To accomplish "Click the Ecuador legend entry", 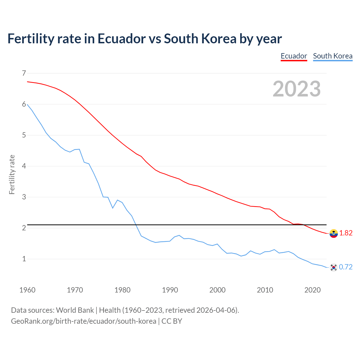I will (294, 56).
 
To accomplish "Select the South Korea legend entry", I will (332, 56).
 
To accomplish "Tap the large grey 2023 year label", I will (296, 89).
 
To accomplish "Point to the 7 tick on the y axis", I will (24, 73).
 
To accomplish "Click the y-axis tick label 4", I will (24, 166).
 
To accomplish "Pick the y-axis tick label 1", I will (24, 259).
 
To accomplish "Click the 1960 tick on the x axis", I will (27, 290).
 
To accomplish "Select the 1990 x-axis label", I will (170, 290).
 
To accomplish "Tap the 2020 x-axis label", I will (312, 290).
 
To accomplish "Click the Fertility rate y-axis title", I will (12, 174).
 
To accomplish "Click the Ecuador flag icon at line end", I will (334, 233).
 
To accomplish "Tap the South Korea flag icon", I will (334, 267).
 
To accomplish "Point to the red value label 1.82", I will (346, 233).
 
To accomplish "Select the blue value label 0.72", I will (346, 267).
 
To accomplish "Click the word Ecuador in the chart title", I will (121, 39).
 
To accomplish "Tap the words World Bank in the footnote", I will (75, 310).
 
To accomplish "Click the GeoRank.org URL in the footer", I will (84, 321).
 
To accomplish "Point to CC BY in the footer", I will (172, 321).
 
